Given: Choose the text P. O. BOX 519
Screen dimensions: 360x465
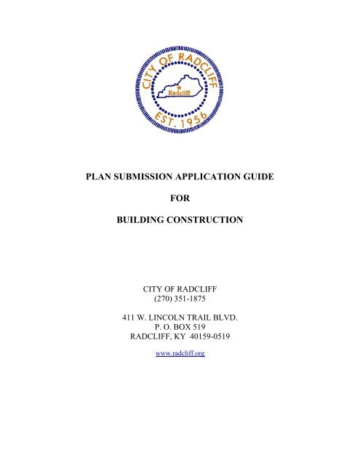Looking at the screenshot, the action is (180, 328).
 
